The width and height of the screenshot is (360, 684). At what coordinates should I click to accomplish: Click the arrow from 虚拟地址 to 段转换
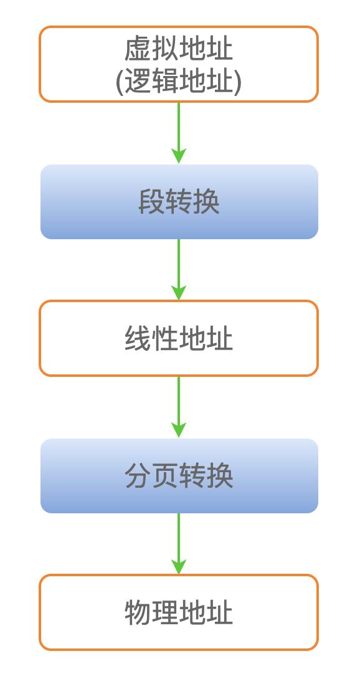179,133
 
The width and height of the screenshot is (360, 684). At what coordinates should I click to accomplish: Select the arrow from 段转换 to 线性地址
179,270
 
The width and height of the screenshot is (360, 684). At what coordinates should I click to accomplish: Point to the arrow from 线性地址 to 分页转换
179,407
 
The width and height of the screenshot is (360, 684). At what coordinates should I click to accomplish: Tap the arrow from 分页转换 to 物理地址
179,544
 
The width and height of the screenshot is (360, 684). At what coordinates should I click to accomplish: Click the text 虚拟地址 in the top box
179,49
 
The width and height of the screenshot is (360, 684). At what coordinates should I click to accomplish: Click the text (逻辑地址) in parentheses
179,82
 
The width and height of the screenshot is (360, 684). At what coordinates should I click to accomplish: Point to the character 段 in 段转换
151,202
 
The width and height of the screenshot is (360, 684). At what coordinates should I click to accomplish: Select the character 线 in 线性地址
138,339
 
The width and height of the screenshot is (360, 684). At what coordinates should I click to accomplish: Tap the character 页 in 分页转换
165,476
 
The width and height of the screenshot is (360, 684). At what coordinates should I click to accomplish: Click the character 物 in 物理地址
138,613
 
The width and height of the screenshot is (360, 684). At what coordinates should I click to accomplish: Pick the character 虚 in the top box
138,49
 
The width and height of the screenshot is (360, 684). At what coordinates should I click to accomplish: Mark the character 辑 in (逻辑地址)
165,82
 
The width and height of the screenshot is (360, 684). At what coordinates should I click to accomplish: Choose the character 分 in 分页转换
138,476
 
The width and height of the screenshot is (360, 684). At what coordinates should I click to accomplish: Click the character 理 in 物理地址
165,613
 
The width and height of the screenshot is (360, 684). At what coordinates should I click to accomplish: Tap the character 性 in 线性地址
165,339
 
